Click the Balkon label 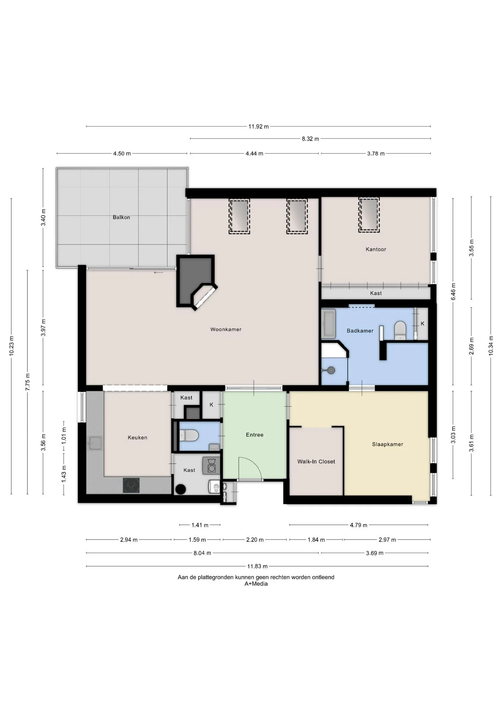click(121, 217)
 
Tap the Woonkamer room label click(226, 329)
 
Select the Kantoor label click(376, 249)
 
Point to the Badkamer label click(360, 331)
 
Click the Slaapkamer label click(387, 444)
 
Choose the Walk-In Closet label click(316, 461)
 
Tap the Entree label click(255, 435)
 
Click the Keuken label click(138, 437)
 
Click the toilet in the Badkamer click(400, 330)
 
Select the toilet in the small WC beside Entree click(189, 435)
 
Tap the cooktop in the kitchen click(131, 485)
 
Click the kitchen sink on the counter click(95, 443)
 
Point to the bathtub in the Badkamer click(328, 324)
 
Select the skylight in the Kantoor click(369, 215)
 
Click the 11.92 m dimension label click(258, 126)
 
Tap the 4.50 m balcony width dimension click(122, 153)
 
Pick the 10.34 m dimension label click(491, 345)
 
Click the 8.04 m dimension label click(202, 553)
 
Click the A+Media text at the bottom click(256, 584)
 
